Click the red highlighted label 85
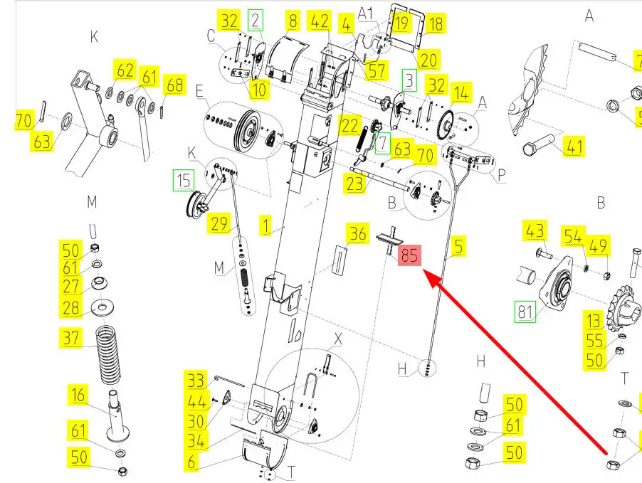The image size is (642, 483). [409, 256]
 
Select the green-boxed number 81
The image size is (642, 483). [525, 312]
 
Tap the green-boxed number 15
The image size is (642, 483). [184, 179]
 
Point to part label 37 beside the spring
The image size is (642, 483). [71, 339]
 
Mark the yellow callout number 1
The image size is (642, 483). [266, 228]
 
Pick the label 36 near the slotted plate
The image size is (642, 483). [357, 233]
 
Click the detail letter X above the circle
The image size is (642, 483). [337, 341]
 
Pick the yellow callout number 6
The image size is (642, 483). [191, 461]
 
